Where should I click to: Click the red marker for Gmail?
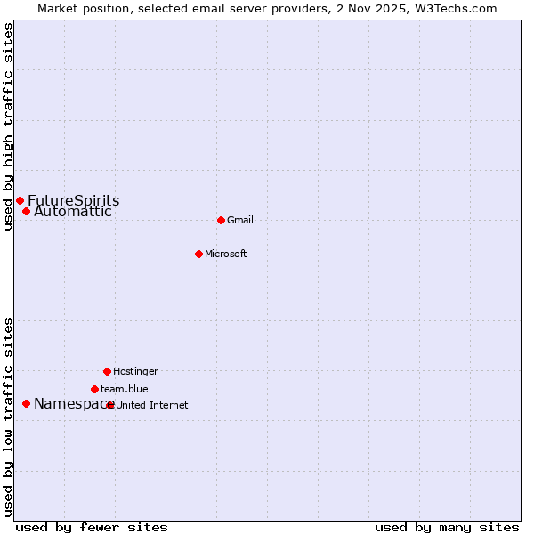pyautogui.click(x=221, y=220)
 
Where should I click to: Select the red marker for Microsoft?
pyautogui.click(x=198, y=254)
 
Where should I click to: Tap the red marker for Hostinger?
pyautogui.click(x=107, y=371)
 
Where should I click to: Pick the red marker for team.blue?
pyautogui.click(x=94, y=389)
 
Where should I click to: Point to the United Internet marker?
pyautogui.click(x=110, y=405)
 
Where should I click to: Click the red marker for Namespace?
pyautogui.click(x=26, y=403)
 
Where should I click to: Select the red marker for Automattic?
pyautogui.click(x=26, y=211)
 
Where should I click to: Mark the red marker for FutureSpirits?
pyautogui.click(x=20, y=200)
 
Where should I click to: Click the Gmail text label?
pyautogui.click(x=240, y=220)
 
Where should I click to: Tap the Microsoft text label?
pyautogui.click(x=226, y=254)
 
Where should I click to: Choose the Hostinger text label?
pyautogui.click(x=135, y=371)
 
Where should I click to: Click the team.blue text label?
pyautogui.click(x=125, y=389)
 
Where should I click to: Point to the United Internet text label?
pyautogui.click(x=152, y=405)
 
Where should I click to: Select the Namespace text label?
pyautogui.click(x=69, y=404)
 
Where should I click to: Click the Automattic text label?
pyautogui.click(x=73, y=212)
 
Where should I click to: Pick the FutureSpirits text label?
pyautogui.click(x=74, y=200)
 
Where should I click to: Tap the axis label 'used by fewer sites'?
pyautogui.click(x=92, y=527)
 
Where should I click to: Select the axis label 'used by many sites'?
pyautogui.click(x=447, y=527)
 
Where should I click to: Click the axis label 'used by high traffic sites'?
pyautogui.click(x=8, y=126)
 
